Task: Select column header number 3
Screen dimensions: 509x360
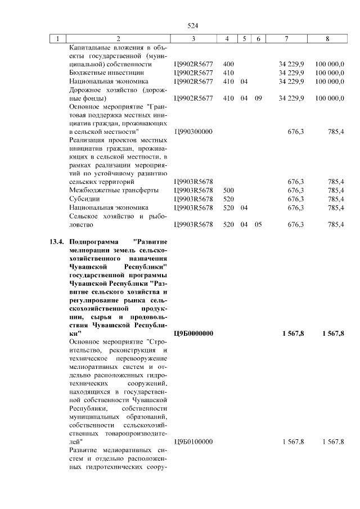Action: (193, 39)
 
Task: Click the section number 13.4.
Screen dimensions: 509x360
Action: (55, 242)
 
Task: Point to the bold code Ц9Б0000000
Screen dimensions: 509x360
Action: (193, 334)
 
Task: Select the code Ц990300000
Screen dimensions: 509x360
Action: (193, 132)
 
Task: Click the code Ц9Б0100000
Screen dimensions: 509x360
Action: (193, 442)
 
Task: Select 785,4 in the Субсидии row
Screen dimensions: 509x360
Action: (335, 199)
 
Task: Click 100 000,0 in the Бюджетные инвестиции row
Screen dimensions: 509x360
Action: (330, 73)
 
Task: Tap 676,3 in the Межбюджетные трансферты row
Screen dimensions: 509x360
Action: (296, 191)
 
